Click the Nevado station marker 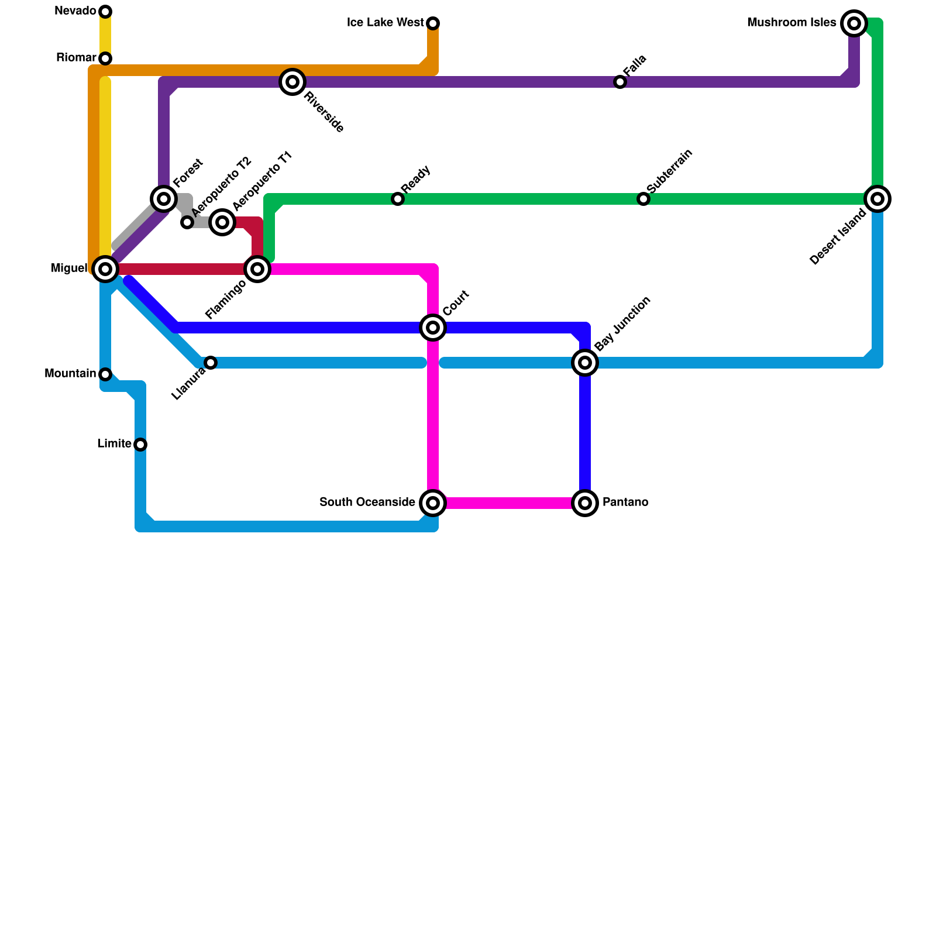point(105,12)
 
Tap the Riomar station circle point(105,58)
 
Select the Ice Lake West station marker point(433,23)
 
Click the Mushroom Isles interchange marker point(854,23)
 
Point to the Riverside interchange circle point(292,82)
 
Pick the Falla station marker point(620,82)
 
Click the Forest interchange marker point(164,199)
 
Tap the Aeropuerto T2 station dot point(187,222)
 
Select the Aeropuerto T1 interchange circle point(222,222)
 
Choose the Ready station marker point(398,199)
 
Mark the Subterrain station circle point(643,199)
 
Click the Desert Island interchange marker point(877,199)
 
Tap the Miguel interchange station point(105,269)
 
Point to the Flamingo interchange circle point(257,269)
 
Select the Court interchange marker point(433,328)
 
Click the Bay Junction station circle point(585,363)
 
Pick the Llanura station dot point(211,363)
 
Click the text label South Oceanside point(367,503)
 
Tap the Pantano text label point(625,503)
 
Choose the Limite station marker point(140,445)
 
